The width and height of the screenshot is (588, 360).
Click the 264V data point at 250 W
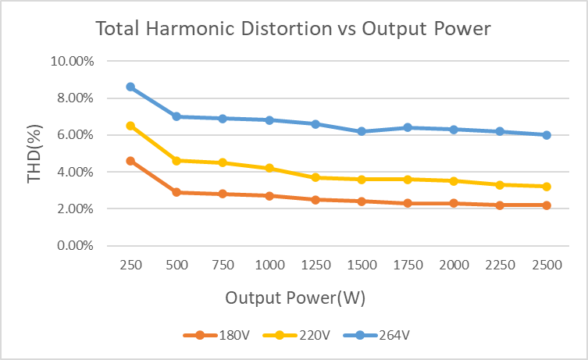pos(130,87)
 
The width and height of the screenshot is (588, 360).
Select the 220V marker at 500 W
pos(176,161)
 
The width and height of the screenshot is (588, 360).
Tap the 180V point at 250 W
pos(130,161)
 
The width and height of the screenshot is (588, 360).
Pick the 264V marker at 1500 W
pos(362,131)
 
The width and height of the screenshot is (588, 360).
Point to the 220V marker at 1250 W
pos(315,177)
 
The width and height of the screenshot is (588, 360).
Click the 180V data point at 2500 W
pos(547,205)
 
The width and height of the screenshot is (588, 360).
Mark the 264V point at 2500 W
pos(547,135)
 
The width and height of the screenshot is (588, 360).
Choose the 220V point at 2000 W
pos(454,181)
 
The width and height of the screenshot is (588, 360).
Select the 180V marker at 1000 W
pos(269,196)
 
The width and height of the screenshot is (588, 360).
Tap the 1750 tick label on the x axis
pos(408,265)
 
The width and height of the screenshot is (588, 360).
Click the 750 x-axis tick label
pos(223,265)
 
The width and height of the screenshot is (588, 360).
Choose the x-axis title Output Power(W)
pos(295,298)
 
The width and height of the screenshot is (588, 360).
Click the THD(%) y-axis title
pos(35,154)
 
